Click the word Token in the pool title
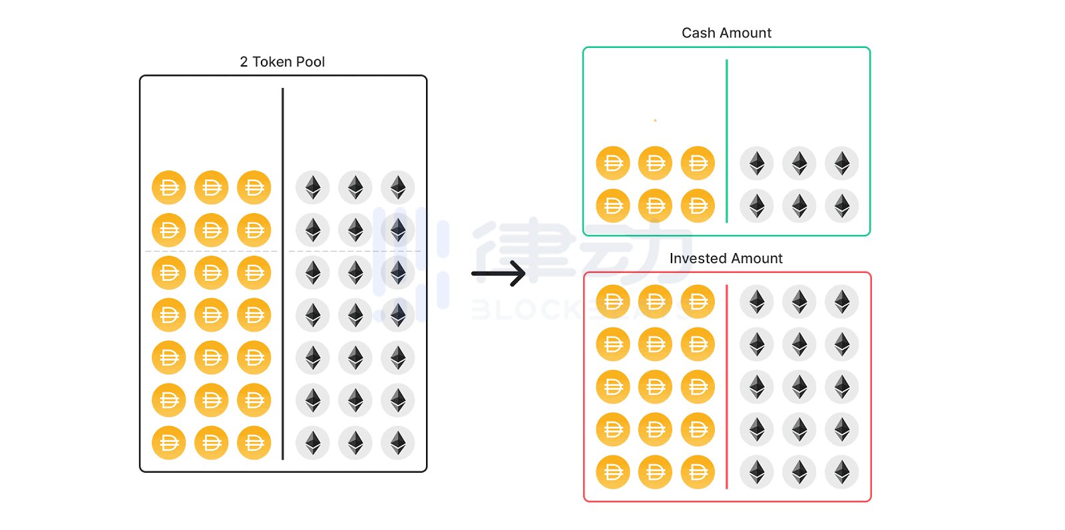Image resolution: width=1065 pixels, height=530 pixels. (x=270, y=62)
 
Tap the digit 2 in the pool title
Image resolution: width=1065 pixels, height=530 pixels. (x=244, y=62)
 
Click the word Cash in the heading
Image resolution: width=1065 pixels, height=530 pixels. (x=698, y=33)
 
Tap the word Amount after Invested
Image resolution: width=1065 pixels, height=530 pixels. (x=759, y=258)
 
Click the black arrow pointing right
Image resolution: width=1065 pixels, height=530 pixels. (x=499, y=273)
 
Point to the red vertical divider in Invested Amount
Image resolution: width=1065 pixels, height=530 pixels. (x=727, y=386)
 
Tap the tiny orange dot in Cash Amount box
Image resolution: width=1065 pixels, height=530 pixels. (x=655, y=121)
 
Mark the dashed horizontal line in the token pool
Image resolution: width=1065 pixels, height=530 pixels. (x=213, y=251)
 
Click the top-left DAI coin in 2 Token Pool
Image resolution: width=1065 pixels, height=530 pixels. (x=169, y=188)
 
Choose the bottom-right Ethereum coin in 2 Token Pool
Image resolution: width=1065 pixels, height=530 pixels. (x=398, y=443)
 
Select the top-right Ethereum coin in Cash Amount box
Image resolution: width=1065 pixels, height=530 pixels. (x=842, y=163)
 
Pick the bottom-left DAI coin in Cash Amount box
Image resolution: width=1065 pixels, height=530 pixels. (x=613, y=206)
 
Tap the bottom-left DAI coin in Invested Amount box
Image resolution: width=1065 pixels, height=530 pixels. (x=613, y=472)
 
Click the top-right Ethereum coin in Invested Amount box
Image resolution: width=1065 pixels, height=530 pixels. (x=842, y=302)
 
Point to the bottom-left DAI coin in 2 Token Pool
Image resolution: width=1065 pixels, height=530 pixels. (x=169, y=443)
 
